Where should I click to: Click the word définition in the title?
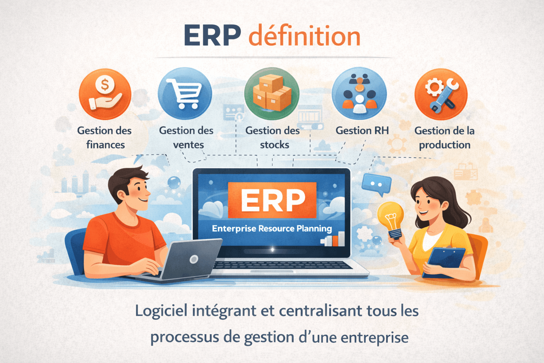[x=304, y=36]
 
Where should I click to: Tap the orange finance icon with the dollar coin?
[x=105, y=94]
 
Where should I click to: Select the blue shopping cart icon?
[x=185, y=94]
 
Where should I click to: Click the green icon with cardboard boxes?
[x=272, y=94]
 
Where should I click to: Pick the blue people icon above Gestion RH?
[x=359, y=94]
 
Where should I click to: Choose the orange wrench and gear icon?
[x=441, y=94]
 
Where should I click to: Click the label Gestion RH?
[x=362, y=130]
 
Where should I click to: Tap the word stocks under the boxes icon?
[x=274, y=145]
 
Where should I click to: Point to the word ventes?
[x=188, y=145]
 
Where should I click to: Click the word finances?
[x=106, y=145]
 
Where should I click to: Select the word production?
[x=444, y=145]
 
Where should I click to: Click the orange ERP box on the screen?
[x=272, y=200]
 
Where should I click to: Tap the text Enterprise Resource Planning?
[x=272, y=229]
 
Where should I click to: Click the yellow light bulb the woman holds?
[x=391, y=217]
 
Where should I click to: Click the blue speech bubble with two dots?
[x=376, y=184]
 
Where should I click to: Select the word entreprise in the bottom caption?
[x=374, y=337]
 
